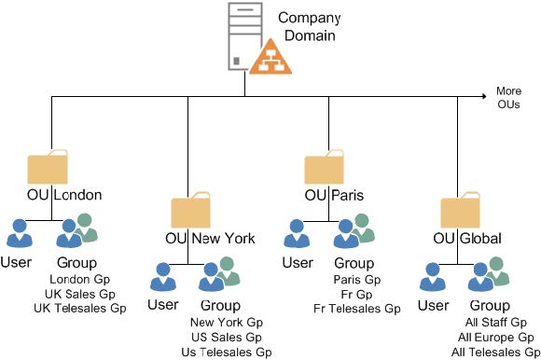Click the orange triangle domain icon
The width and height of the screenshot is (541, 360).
270,57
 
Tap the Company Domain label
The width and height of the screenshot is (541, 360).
310,26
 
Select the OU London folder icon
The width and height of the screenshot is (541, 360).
48,167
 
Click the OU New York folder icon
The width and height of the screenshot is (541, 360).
191,210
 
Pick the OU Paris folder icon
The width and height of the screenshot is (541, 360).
324,167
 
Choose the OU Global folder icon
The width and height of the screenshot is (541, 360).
460,210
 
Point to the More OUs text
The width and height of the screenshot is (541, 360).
508,98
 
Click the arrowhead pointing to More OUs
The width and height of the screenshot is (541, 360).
484,96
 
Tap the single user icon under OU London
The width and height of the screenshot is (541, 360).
20,233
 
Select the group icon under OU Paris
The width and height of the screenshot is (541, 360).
354,230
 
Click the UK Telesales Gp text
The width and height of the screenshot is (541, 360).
80,308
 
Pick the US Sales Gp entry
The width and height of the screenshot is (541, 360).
227,337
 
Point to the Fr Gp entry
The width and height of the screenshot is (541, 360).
356,294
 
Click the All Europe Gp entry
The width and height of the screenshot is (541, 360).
496,337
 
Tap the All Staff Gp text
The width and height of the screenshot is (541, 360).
496,322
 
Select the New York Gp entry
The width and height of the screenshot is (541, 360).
227,322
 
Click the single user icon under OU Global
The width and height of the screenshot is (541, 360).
432,277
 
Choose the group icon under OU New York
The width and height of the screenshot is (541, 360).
219,274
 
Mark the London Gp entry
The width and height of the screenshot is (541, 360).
79,279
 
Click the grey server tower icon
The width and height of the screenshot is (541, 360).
245,36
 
